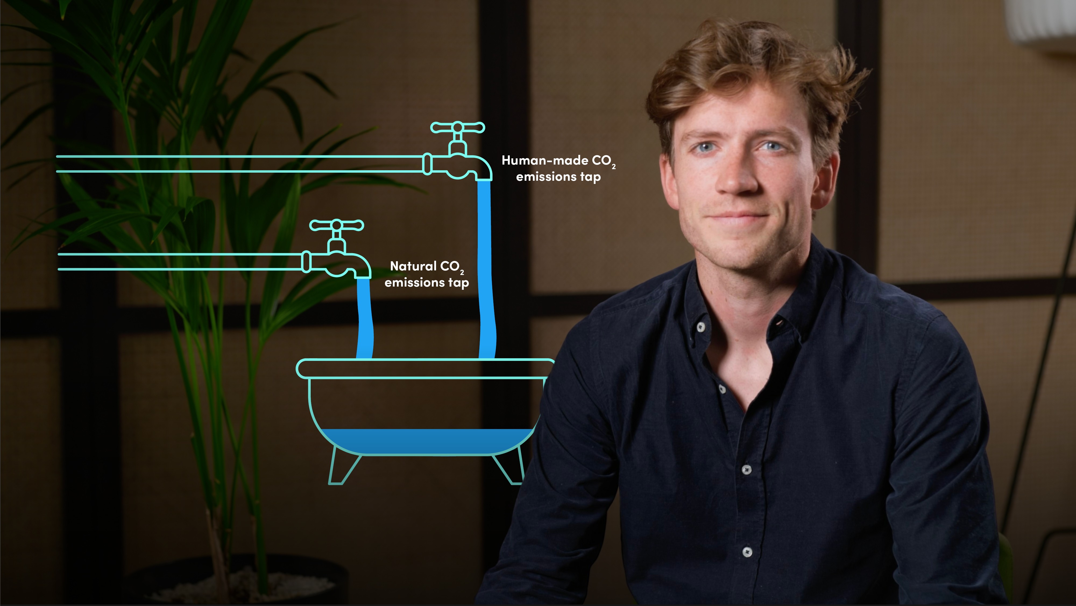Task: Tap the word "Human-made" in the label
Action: pyautogui.click(x=545, y=160)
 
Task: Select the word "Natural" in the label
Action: pyautogui.click(x=413, y=266)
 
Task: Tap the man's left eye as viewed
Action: pyautogui.click(x=705, y=147)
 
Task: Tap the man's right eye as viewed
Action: pyautogui.click(x=771, y=146)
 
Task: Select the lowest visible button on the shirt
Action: pyautogui.click(x=747, y=552)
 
